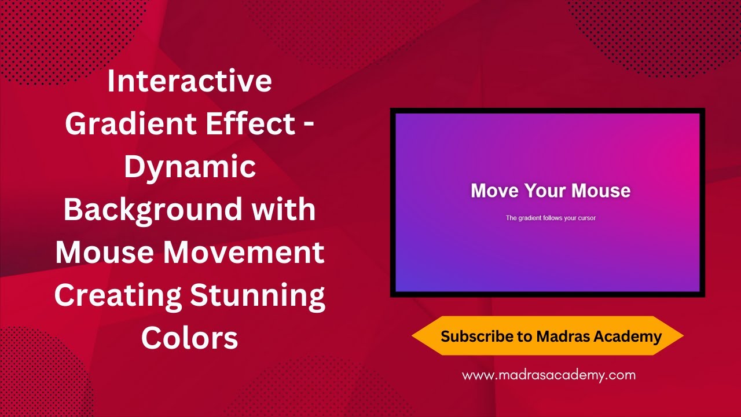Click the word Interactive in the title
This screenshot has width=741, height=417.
tap(189, 81)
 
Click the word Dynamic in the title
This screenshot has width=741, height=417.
tap(189, 167)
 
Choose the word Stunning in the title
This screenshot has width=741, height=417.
tap(258, 295)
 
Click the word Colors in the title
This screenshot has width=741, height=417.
tap(189, 338)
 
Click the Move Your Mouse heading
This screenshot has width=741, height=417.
tap(550, 191)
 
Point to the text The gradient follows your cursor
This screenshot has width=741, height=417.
tap(551, 218)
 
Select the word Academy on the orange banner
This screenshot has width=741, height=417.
tap(629, 336)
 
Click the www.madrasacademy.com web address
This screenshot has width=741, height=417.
tap(548, 375)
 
